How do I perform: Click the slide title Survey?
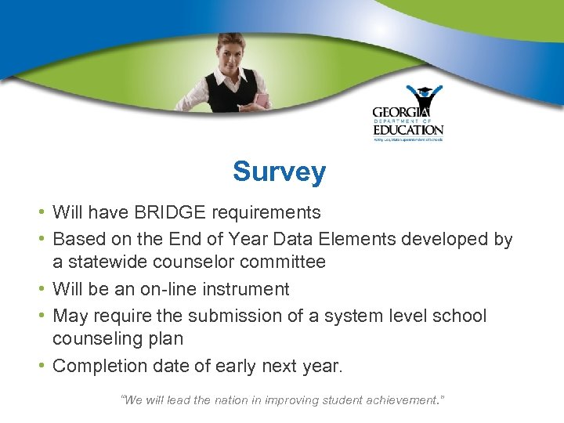click(279, 172)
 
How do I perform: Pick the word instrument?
click(250, 289)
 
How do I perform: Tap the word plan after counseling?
click(165, 339)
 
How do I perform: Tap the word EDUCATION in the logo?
click(407, 129)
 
